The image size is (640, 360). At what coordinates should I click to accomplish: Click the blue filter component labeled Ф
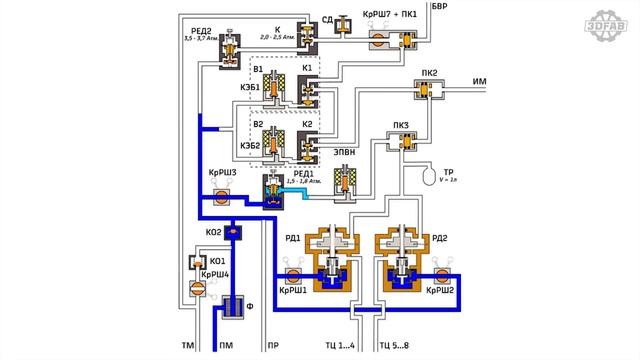233,308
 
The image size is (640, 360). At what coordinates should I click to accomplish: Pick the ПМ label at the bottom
227,347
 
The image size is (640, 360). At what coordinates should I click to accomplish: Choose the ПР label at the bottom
272,347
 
